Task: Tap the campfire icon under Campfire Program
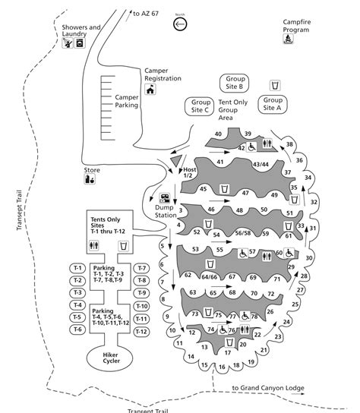[289, 39]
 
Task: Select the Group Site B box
[234, 83]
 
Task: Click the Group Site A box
[272, 104]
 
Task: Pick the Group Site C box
[199, 106]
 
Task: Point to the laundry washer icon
[80, 43]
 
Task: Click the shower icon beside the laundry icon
[68, 43]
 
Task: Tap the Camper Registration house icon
[150, 90]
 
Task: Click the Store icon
[90, 179]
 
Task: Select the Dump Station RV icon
[165, 198]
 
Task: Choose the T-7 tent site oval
[142, 269]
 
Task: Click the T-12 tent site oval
[141, 332]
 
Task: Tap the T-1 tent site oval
[77, 269]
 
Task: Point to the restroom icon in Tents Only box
[94, 245]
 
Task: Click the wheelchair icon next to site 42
[251, 147]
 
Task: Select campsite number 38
[289, 144]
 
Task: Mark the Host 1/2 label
[189, 172]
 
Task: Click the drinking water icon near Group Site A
[275, 86]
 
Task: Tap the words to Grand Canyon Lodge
[268, 388]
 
